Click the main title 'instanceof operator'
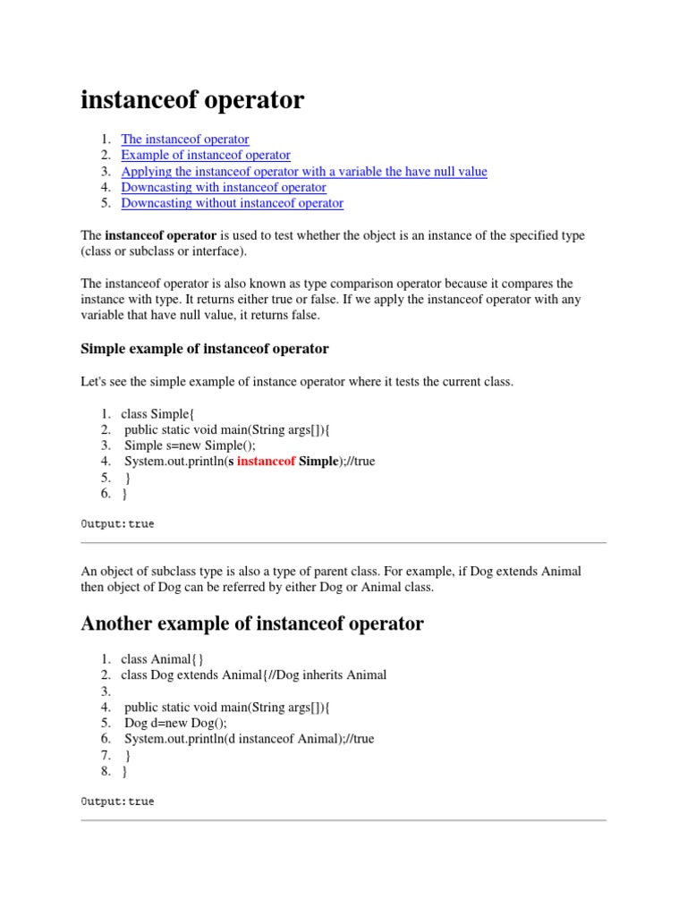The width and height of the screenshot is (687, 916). pos(192,101)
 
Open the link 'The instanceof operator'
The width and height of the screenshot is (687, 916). pos(185,140)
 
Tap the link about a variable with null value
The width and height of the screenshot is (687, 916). pos(304,172)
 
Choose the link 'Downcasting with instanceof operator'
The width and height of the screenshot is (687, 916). pos(224,188)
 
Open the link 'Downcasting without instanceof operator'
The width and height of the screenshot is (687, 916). pos(232,204)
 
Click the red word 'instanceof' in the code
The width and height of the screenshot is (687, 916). pos(266,462)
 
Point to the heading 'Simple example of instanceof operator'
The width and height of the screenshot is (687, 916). pos(205,349)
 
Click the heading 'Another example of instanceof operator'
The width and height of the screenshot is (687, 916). pos(252,624)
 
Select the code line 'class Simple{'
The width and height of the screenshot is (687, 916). pos(157,413)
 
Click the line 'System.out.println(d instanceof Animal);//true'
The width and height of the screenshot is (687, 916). pos(249,739)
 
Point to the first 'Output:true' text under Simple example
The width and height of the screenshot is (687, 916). pos(117,524)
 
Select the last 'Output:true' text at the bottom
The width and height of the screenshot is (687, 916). pos(117,801)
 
